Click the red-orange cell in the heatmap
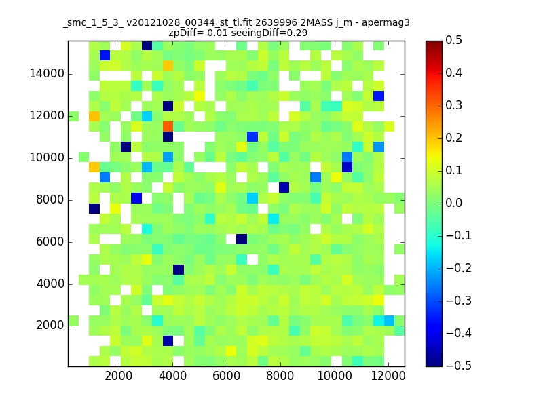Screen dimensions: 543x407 (168, 126)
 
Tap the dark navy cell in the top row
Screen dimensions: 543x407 (147, 45)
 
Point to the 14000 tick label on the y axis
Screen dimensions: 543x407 (47, 73)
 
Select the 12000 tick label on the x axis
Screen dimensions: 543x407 (388, 376)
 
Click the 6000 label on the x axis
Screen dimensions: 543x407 (227, 376)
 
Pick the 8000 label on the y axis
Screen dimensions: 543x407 (50, 199)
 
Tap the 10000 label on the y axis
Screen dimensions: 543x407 (47, 157)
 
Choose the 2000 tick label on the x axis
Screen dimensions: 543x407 (119, 376)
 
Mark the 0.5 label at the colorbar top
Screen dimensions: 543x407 (453, 40)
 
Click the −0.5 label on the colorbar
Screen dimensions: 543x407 (459, 366)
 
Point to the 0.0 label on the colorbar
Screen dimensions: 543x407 (453, 203)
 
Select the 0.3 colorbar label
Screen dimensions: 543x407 (453, 105)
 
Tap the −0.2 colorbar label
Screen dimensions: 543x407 (459, 268)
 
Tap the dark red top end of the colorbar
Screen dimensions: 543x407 (434, 43)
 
